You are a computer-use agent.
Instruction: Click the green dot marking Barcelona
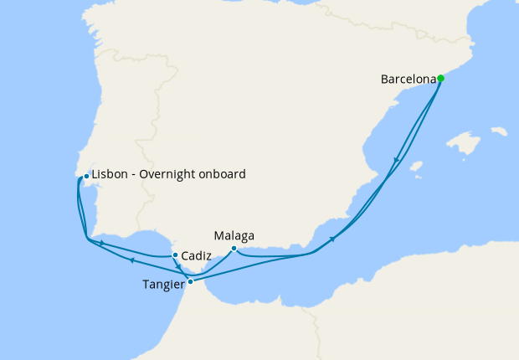click(441, 79)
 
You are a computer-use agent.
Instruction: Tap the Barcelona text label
click(409, 80)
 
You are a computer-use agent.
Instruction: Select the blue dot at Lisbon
click(86, 176)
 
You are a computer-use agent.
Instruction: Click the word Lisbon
click(110, 175)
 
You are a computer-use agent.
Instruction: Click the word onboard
click(224, 175)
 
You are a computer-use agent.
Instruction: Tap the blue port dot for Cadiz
click(174, 255)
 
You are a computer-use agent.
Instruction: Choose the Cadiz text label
click(195, 255)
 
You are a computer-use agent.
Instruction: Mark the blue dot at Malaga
click(234, 248)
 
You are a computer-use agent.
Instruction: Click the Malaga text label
click(234, 235)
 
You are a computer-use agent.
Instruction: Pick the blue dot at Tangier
click(191, 281)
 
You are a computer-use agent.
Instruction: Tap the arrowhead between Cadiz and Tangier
click(179, 267)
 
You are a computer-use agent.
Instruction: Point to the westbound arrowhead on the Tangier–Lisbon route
click(131, 260)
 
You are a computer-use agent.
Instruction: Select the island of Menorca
click(500, 131)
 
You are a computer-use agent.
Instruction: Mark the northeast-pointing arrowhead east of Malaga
click(333, 239)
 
